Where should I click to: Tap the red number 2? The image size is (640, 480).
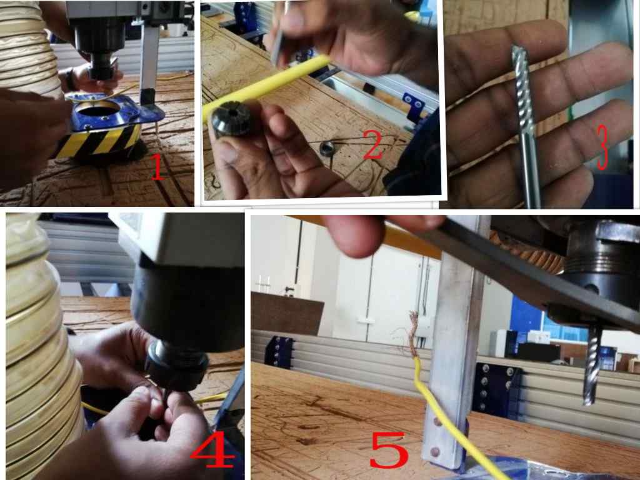pos(373,145)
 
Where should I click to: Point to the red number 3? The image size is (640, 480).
pos(602,147)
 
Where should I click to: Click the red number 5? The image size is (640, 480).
pos(389,450)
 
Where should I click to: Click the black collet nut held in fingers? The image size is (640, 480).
pos(232,118)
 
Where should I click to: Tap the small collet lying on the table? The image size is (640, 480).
pos(327,149)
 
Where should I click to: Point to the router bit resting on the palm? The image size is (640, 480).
pos(526,126)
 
